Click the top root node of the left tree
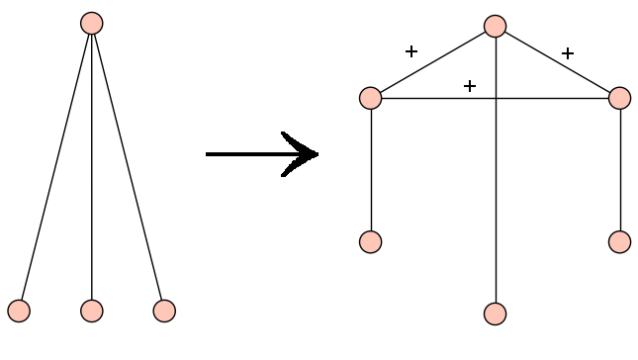click(x=91, y=23)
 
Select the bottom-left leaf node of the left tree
click(x=19, y=311)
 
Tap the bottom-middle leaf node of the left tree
click(x=91, y=311)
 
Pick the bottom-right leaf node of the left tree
click(x=164, y=311)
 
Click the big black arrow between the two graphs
click(x=262, y=154)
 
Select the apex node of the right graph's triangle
click(x=496, y=26)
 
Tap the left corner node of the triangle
click(x=371, y=98)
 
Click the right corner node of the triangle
click(x=620, y=98)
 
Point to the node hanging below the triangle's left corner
click(x=371, y=241)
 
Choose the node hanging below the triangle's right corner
click(x=620, y=241)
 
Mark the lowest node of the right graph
click(x=496, y=314)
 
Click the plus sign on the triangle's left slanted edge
click(x=411, y=51)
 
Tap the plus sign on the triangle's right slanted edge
click(x=568, y=53)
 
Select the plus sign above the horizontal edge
click(x=470, y=86)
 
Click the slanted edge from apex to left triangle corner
click(x=433, y=62)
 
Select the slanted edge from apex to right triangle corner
click(x=558, y=62)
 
